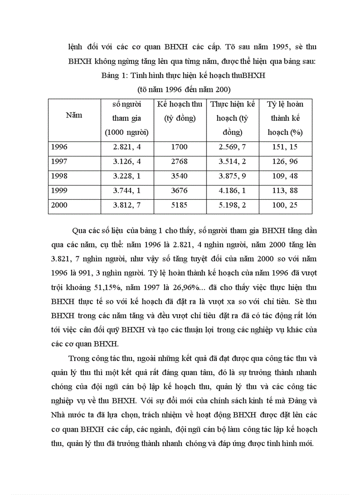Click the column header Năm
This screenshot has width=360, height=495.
[74, 115]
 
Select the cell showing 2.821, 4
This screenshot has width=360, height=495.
[126, 147]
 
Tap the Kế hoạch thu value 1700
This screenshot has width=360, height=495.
[180, 147]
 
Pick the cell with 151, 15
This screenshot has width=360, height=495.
[285, 147]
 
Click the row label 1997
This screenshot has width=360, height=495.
[60, 161]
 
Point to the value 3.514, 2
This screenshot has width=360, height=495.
[232, 161]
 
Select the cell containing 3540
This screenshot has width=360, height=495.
[180, 176]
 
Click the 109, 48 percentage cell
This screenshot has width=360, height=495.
[285, 176]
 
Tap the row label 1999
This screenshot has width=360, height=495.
[60, 190]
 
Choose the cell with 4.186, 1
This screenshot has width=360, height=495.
[232, 190]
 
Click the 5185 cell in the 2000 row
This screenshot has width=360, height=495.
[180, 205]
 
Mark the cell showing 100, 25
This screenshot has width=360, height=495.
[285, 205]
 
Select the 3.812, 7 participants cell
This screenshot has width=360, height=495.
[126, 205]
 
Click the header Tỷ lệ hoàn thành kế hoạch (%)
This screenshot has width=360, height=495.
[285, 118]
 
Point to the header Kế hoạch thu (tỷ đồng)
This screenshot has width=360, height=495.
[180, 111]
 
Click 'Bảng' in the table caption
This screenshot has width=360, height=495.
[111, 75]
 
